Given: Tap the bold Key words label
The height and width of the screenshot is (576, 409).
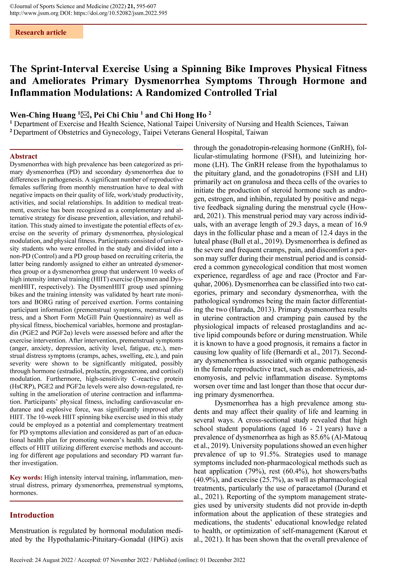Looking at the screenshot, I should click(x=26, y=477).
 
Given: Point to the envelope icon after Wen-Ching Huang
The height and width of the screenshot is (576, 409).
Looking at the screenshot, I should click(x=85, y=115).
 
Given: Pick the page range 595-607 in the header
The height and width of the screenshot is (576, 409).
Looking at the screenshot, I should click(x=148, y=6).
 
